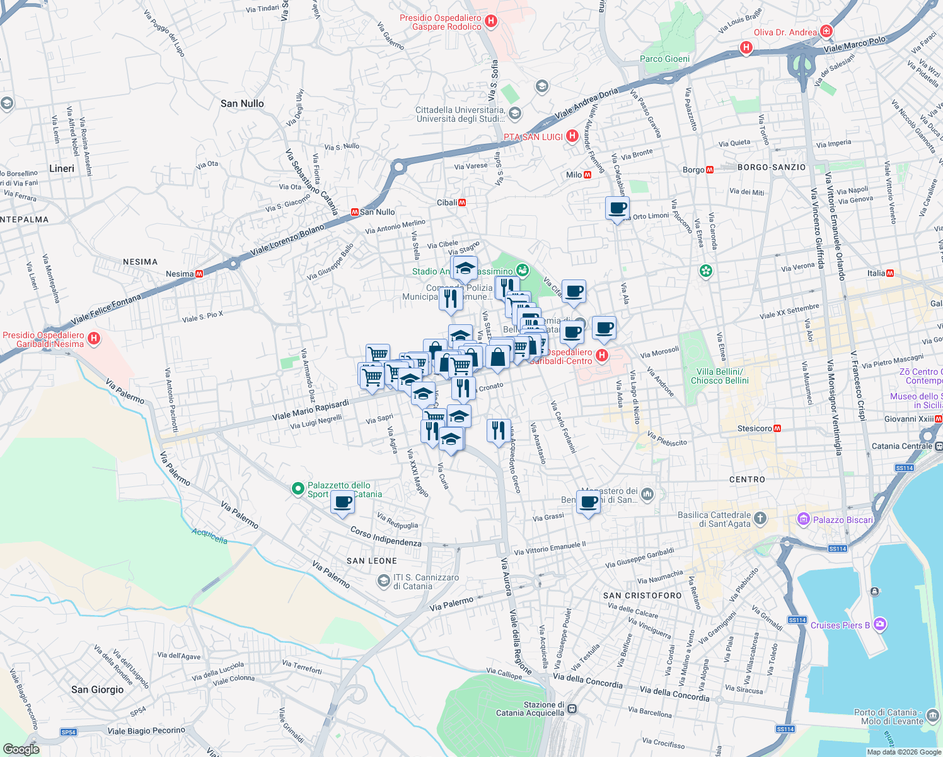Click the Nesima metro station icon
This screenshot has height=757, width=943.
pos(199,274)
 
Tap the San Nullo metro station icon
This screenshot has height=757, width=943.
pos(354,212)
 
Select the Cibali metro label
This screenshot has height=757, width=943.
pos(447,202)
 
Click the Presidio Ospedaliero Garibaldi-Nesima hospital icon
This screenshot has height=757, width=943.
pos(94,339)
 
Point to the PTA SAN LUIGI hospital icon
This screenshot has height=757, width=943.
pos(572,136)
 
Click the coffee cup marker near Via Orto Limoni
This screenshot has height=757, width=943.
pos(617,208)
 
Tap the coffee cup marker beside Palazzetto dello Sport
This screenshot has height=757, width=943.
pos(342,503)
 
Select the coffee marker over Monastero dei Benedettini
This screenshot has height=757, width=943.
pos(588,503)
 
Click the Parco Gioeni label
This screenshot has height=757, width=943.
pos(664,59)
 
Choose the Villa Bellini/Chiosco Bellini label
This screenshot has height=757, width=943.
pos(719,376)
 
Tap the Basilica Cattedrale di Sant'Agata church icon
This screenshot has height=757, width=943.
pos(760,519)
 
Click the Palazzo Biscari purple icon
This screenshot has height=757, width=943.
pos(803,520)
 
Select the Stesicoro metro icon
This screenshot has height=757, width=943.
pos(777,428)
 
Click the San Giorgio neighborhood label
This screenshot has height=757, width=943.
pos(97,690)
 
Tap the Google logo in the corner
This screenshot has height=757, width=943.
pos(21,749)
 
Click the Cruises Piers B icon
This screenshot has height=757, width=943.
pos(880,625)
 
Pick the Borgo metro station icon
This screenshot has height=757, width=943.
pos(710,170)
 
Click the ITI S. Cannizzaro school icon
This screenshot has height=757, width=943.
pos(383,581)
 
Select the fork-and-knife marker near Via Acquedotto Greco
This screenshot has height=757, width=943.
pos(499,431)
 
